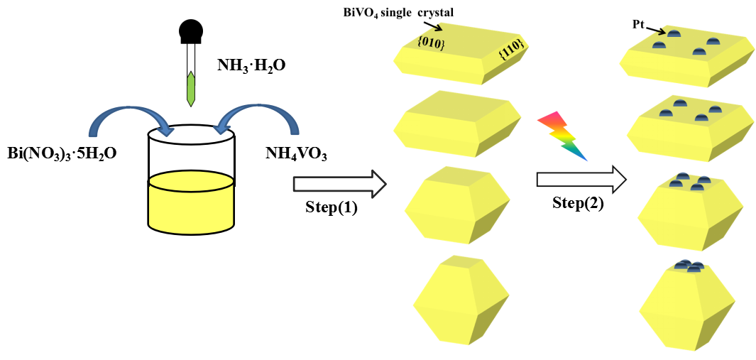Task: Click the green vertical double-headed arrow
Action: coord(191,89)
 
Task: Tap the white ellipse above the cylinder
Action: coord(191,135)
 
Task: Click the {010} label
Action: coord(431,43)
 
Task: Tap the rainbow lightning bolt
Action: coord(561,136)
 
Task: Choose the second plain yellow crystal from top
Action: coord(457,124)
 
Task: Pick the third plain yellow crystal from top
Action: coord(457,206)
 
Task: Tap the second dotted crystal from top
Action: coord(689,129)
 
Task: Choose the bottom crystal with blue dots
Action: coord(686,307)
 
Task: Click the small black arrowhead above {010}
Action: coord(436,28)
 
